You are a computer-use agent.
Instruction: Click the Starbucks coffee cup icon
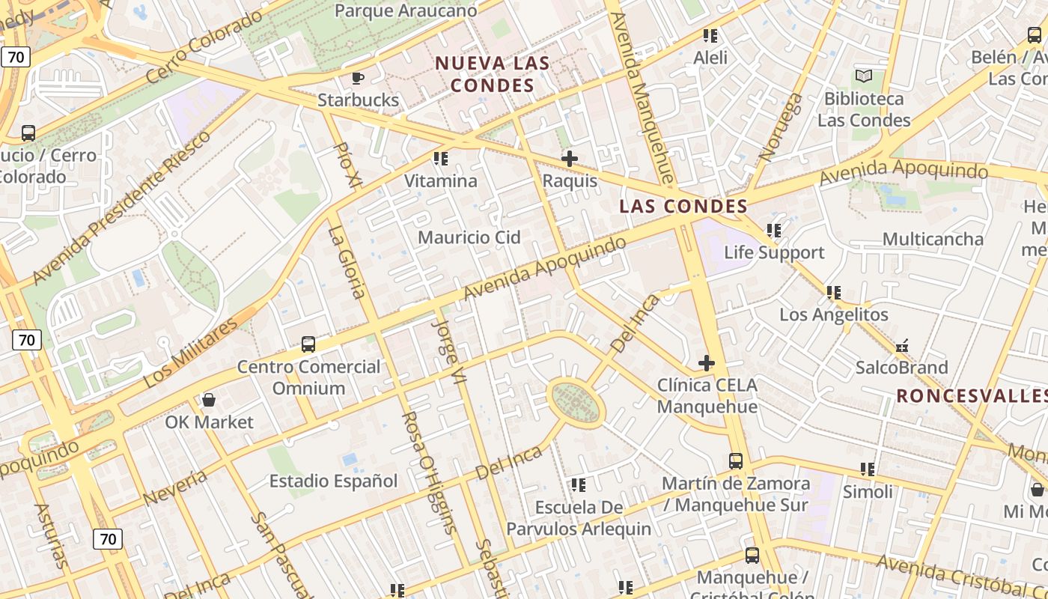tap(358, 78)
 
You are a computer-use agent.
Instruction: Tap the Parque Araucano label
tap(406, 10)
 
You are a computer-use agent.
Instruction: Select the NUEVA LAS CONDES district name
tap(492, 74)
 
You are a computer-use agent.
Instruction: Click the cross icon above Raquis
tap(570, 159)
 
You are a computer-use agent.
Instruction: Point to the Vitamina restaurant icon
tap(441, 159)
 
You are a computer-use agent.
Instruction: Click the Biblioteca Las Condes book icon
tap(864, 76)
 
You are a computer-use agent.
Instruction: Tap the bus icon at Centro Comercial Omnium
tap(308, 344)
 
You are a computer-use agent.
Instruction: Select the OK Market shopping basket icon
tap(209, 400)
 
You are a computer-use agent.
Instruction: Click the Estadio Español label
tap(333, 481)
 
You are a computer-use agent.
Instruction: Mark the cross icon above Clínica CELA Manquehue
tap(706, 363)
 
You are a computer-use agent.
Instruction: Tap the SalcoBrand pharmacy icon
tap(902, 346)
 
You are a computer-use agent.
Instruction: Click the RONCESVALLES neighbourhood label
tap(971, 395)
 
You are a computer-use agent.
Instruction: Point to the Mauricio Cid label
tap(469, 237)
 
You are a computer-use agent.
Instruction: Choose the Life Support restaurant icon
tap(773, 231)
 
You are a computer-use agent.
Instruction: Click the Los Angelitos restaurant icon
tap(834, 293)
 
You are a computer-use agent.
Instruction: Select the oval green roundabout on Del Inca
tap(576, 403)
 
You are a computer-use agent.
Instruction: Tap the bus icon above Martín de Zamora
tap(736, 461)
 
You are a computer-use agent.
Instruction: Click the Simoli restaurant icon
tap(868, 469)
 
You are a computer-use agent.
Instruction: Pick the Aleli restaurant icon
tap(710, 36)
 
